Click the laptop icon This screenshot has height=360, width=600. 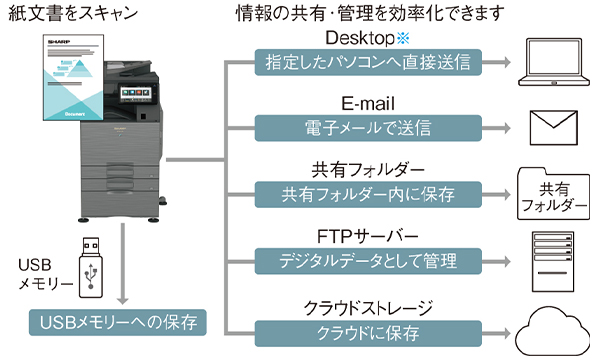pyautogui.click(x=554, y=62)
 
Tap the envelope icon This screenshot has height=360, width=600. pyautogui.click(x=553, y=128)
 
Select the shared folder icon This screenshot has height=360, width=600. pyautogui.click(x=553, y=194)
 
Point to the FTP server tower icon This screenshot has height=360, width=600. pyautogui.click(x=553, y=261)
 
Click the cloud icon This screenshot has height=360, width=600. pyautogui.click(x=553, y=332)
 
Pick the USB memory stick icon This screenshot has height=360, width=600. pyautogui.click(x=91, y=267)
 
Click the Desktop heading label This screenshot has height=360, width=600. pyautogui.click(x=360, y=38)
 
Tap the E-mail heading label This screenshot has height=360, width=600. pyautogui.click(x=368, y=104)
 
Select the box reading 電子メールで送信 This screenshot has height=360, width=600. pyautogui.click(x=368, y=128)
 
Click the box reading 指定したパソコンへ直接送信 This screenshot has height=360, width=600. pyautogui.click(x=368, y=62)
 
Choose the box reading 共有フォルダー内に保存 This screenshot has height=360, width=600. pyautogui.click(x=368, y=195)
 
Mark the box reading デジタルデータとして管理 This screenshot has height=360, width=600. pyautogui.click(x=368, y=261)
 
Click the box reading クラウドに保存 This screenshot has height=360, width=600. pyautogui.click(x=368, y=334)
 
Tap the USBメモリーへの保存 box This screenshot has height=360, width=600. pyautogui.click(x=118, y=323)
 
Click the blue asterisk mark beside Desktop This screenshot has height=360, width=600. pyautogui.click(x=403, y=38)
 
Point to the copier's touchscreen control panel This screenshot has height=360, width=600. pyautogui.click(x=136, y=93)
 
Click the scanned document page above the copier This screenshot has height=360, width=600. pyautogui.click(x=73, y=77)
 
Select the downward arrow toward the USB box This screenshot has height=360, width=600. pyautogui.click(x=122, y=264)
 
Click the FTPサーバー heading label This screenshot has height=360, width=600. pyautogui.click(x=367, y=236)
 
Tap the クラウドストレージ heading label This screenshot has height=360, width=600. pyautogui.click(x=368, y=308)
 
